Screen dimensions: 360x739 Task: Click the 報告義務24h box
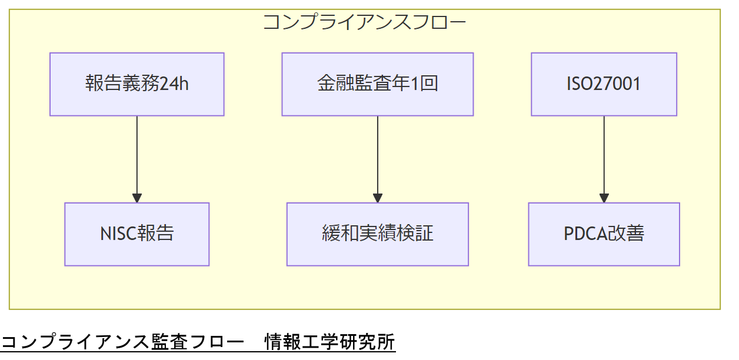pyautogui.click(x=137, y=84)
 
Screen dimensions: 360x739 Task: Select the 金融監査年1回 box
pyautogui.click(x=377, y=84)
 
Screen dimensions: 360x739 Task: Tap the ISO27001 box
pyautogui.click(x=604, y=84)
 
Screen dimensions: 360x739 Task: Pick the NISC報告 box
pyautogui.click(x=137, y=234)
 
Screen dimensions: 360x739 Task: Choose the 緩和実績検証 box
pyautogui.click(x=377, y=234)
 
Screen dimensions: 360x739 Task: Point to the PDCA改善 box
pyautogui.click(x=604, y=234)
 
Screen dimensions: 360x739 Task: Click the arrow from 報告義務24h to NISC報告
pyautogui.click(x=137, y=156)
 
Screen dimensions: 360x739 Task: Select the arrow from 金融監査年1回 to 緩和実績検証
pyautogui.click(x=378, y=156)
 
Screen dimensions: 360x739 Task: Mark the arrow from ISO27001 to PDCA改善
pyautogui.click(x=604, y=156)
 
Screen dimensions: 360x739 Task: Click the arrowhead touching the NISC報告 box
pyautogui.click(x=137, y=198)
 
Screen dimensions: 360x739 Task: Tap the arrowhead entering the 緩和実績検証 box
pyautogui.click(x=378, y=198)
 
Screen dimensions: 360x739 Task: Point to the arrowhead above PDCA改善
pyautogui.click(x=604, y=198)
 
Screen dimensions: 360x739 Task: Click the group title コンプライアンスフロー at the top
pyautogui.click(x=364, y=22)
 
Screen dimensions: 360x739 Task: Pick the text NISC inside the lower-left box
pyautogui.click(x=118, y=234)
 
